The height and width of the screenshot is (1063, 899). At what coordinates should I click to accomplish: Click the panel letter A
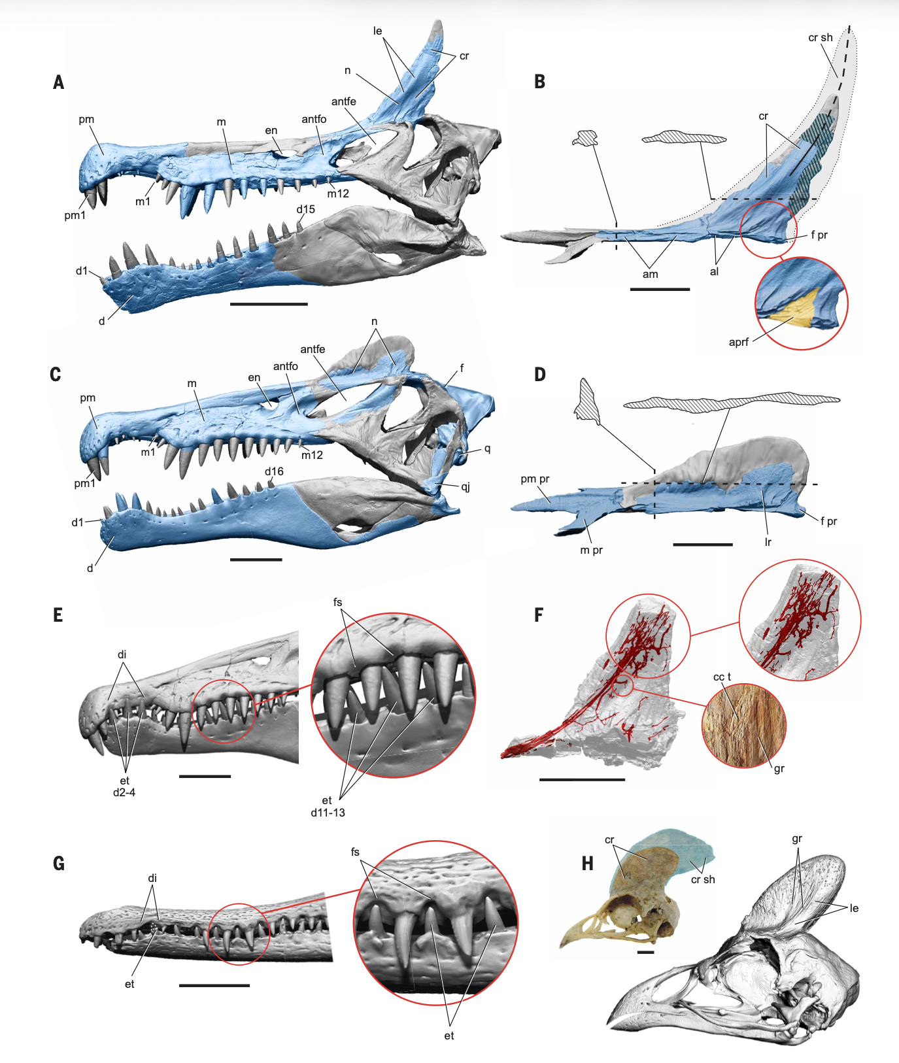[59, 82]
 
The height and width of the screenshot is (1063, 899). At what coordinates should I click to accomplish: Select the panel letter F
[539, 615]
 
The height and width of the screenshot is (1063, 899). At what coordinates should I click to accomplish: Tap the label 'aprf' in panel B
[738, 342]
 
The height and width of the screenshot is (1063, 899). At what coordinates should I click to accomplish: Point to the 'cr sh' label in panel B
[820, 38]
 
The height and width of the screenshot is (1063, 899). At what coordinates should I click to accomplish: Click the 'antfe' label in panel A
[343, 101]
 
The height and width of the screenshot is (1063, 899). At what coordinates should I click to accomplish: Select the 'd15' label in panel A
[305, 209]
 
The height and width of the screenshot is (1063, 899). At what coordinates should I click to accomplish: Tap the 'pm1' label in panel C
[84, 483]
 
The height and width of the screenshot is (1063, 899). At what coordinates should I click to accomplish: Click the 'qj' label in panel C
[466, 486]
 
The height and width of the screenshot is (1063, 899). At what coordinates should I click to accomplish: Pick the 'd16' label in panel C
[274, 471]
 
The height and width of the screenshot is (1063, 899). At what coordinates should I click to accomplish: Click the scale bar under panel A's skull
[269, 304]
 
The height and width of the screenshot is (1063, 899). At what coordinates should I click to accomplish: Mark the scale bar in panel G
[214, 985]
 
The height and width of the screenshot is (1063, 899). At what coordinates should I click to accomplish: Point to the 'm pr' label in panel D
[591, 550]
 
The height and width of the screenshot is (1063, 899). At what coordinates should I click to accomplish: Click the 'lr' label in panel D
[768, 542]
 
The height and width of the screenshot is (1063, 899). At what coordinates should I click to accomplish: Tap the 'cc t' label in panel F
[722, 677]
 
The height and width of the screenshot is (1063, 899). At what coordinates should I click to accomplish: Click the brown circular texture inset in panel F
[743, 726]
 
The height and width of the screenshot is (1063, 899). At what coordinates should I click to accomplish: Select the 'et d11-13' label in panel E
[328, 807]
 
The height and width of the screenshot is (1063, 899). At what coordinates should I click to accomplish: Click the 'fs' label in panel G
[355, 852]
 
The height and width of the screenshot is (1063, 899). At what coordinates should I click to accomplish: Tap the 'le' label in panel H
[854, 908]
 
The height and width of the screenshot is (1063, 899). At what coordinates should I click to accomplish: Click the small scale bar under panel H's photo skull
[645, 952]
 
